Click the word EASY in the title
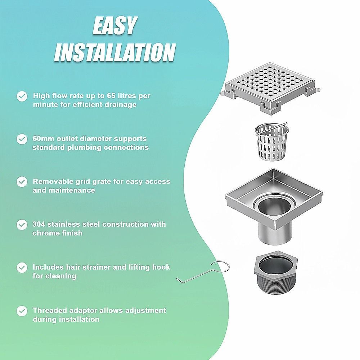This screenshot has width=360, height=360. (115, 25)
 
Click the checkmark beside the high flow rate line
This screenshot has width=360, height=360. (22, 96)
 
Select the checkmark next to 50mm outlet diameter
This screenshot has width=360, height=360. (22, 139)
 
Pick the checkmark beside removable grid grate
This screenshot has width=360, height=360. (22, 182)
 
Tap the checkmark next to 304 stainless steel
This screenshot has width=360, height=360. (22, 225)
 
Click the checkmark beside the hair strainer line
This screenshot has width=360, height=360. (22, 268)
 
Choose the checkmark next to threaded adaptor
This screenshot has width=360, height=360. (22, 311)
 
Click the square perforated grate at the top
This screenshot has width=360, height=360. (270, 89)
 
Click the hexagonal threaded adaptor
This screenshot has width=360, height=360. (275, 273)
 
